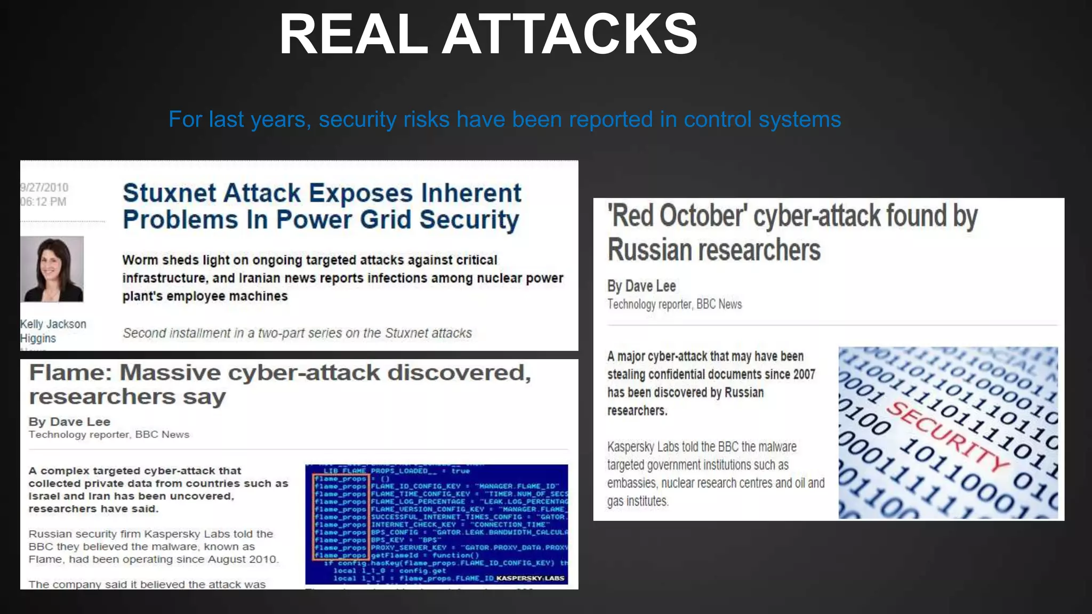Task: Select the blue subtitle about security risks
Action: pos(504,119)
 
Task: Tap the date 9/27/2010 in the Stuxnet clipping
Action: pos(44,188)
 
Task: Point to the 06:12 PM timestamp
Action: pos(43,202)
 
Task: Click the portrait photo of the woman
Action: pos(52,269)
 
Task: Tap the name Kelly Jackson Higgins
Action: pos(52,331)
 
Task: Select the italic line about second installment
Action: pos(297,333)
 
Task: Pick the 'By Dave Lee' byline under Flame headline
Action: pos(69,422)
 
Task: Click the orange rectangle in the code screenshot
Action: pos(340,516)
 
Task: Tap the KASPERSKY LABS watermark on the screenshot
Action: pos(530,578)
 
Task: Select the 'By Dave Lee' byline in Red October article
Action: pos(641,286)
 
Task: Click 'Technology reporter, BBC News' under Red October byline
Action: pos(675,304)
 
